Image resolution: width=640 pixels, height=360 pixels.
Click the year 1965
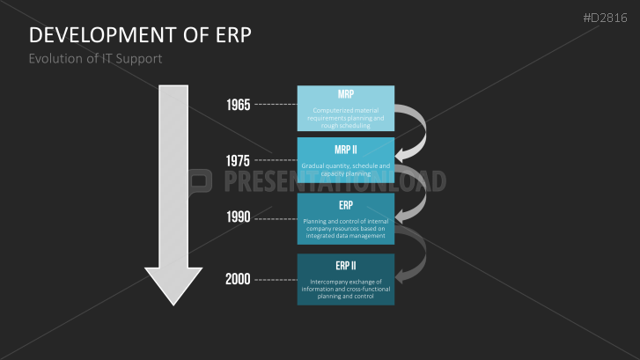pos(238,105)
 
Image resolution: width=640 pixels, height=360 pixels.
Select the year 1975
pos(238,160)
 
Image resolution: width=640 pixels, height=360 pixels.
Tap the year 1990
pos(238,217)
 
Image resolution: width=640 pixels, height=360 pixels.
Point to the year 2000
pos(238,279)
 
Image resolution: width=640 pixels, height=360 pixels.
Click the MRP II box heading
pos(346,150)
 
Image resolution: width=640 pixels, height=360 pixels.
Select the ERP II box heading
pos(346,266)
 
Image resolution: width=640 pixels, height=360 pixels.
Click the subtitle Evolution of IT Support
pos(95,59)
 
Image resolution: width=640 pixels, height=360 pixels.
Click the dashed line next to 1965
pos(276,105)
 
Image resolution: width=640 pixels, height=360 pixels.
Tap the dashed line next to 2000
pos(276,279)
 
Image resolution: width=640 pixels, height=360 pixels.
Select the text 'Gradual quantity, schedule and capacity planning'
pos(346,170)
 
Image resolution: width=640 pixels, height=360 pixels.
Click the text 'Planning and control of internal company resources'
pos(346,228)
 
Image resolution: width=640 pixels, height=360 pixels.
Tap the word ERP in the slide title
pos(230,35)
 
